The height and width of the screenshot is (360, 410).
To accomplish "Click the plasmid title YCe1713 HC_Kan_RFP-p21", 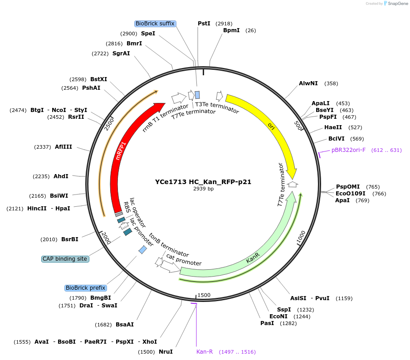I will pyautogui.click(x=203, y=182).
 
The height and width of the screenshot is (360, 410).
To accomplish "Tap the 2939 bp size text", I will pyautogui.click(x=203, y=189).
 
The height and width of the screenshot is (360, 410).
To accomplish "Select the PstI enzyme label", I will pyautogui.click(x=204, y=23).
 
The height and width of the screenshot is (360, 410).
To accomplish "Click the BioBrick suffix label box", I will pyautogui.click(x=155, y=24).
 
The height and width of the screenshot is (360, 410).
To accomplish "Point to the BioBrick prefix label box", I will pyautogui.click(x=86, y=288).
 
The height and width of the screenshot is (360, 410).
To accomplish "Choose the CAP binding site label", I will pyautogui.click(x=65, y=259).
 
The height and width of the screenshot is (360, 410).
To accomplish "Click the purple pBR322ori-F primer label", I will pyautogui.click(x=348, y=150).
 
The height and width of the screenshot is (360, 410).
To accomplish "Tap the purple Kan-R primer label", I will pyautogui.click(x=205, y=352).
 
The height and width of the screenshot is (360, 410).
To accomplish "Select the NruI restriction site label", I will pyautogui.click(x=166, y=352).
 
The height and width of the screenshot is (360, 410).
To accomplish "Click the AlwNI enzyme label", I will pyautogui.click(x=308, y=83).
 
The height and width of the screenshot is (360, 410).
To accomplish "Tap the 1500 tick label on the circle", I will pyautogui.click(x=204, y=295).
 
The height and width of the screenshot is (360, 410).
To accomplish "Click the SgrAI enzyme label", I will pyautogui.click(x=121, y=54).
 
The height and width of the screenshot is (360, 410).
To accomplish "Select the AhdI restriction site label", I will pyautogui.click(x=61, y=176).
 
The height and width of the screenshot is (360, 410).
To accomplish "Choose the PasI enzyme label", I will pyautogui.click(x=267, y=323).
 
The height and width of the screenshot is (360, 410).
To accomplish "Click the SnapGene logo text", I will pyautogui.click(x=398, y=4).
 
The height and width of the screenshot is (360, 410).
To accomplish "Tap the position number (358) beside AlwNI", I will pyautogui.click(x=331, y=83).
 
